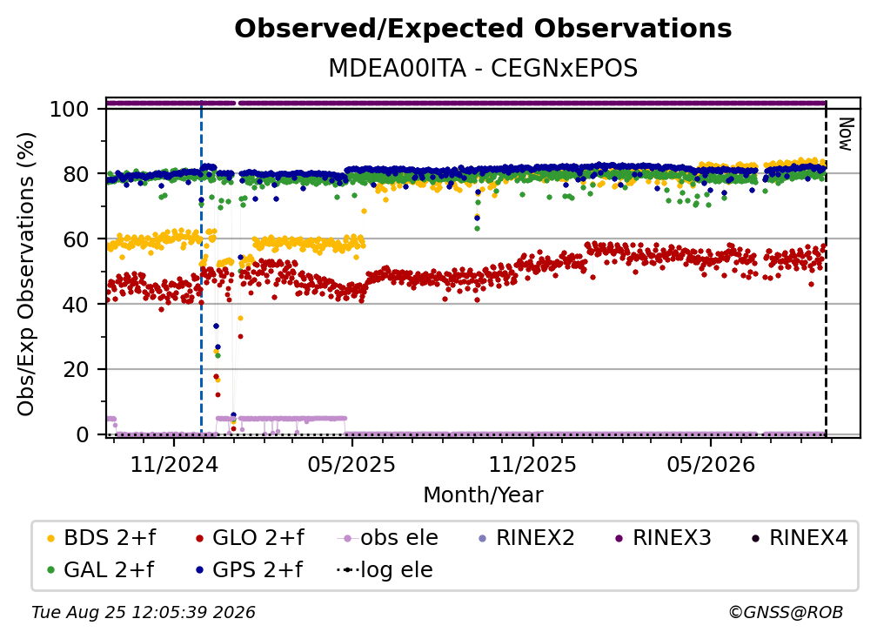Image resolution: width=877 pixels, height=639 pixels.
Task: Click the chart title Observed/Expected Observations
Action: click(483, 29)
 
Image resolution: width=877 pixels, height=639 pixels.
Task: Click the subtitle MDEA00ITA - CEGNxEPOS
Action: click(483, 68)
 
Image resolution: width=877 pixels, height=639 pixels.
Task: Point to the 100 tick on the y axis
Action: click(70, 109)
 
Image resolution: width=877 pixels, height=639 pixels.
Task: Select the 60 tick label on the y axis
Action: click(76, 239)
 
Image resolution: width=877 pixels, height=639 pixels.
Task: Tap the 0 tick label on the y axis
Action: click(83, 434)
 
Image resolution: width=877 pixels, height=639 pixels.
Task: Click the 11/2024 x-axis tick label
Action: click(174, 464)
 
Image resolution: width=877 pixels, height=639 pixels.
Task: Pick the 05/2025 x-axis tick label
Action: click(351, 464)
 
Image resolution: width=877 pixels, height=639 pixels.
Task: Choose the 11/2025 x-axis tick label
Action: click(532, 464)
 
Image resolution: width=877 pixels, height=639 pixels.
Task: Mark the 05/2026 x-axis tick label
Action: click(711, 464)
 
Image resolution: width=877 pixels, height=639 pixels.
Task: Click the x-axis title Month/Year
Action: click(483, 494)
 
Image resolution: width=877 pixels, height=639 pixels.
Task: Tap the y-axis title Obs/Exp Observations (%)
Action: click(26, 273)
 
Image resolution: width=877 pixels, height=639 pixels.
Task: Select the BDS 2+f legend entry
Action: click(101, 538)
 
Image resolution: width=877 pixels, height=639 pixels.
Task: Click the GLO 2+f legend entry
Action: click(250, 538)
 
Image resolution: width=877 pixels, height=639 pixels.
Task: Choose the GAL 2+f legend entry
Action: click(101, 570)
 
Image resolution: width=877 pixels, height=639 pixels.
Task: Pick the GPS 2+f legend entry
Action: click(249, 570)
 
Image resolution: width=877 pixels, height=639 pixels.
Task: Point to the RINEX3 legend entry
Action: click(663, 538)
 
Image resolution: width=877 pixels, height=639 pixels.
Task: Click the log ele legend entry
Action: click(385, 570)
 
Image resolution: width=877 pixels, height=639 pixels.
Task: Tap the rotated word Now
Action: click(845, 134)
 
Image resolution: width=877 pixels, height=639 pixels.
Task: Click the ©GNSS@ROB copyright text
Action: click(786, 613)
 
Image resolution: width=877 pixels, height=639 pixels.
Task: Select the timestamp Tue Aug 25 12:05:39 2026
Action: click(144, 613)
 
